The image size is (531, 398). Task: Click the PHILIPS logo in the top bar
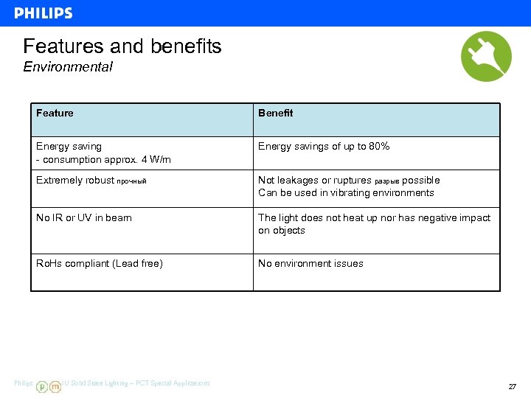44,13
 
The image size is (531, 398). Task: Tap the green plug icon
486,56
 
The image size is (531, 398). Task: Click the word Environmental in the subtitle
68,67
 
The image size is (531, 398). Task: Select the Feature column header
55,113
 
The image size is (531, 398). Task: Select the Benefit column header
275,113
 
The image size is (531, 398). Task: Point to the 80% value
379,147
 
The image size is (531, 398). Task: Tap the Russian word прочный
132,181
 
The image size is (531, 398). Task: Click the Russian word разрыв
387,181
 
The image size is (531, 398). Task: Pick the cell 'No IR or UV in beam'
84,217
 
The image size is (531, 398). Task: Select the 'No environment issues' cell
310,263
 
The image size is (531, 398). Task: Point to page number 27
512,387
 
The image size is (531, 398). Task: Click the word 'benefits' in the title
187,46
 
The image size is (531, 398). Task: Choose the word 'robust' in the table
100,181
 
